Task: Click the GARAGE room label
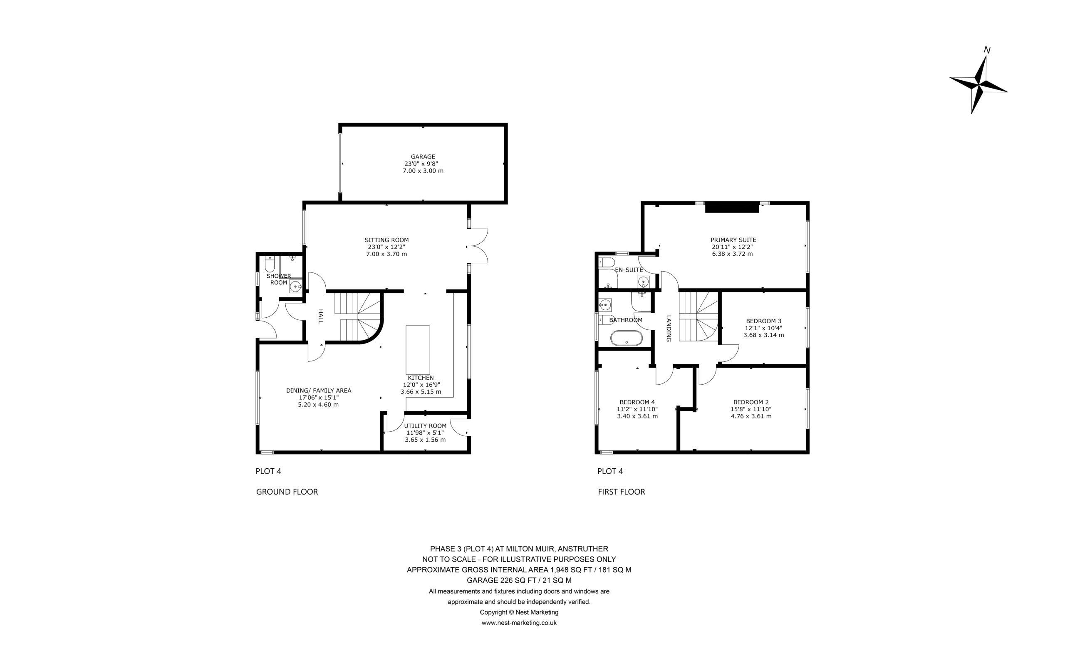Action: (x=423, y=156)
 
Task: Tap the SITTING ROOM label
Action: (x=386, y=240)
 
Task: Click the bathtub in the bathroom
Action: (x=627, y=338)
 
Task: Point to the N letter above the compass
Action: (x=987, y=50)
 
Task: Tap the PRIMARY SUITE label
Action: (x=733, y=240)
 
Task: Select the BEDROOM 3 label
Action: (x=764, y=321)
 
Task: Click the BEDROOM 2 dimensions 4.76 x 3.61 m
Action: (x=751, y=416)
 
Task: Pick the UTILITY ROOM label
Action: (x=426, y=426)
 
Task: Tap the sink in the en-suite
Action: (x=643, y=282)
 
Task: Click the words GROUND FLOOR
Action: (x=287, y=492)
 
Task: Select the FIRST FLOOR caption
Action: (x=622, y=492)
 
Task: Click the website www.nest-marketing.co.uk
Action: (x=519, y=623)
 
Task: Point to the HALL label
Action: (x=320, y=316)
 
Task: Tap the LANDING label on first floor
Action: (x=669, y=328)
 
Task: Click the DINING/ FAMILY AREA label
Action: (x=319, y=391)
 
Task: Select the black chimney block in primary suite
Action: (x=732, y=207)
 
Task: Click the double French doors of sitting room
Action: (x=478, y=246)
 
